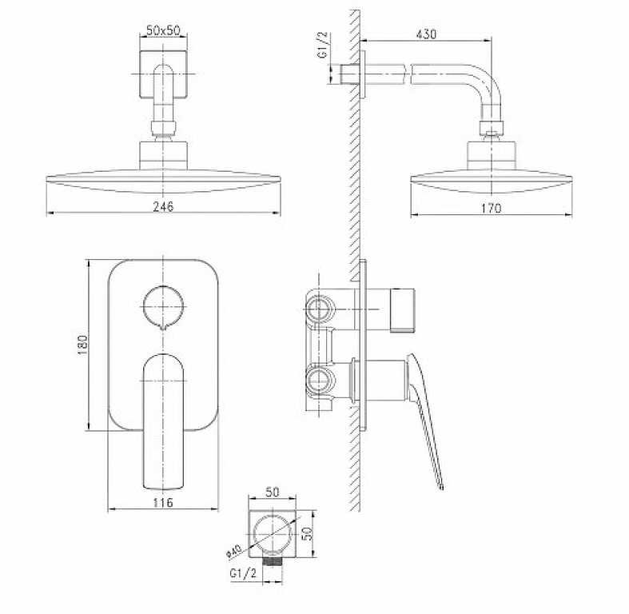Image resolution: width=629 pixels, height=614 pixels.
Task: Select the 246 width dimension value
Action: click(x=163, y=206)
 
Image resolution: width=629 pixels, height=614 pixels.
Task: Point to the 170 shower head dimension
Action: click(x=491, y=208)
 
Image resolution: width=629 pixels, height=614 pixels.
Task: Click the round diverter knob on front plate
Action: click(x=163, y=306)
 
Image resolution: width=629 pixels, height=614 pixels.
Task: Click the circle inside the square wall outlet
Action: click(x=273, y=533)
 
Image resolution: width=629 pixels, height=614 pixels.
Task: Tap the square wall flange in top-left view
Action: click(x=163, y=74)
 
